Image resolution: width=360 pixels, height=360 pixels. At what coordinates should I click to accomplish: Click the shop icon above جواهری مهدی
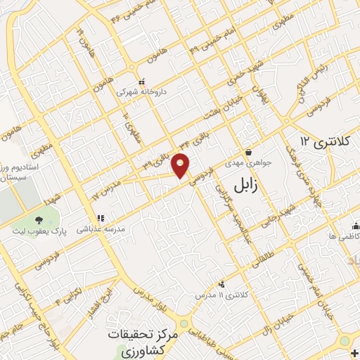(248, 151)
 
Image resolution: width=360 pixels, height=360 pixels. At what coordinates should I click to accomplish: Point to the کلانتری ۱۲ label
(324, 141)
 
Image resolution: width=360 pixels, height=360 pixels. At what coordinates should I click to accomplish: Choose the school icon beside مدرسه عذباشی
(100, 218)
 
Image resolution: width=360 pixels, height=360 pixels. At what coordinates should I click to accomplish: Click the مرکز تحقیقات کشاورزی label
(137, 341)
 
